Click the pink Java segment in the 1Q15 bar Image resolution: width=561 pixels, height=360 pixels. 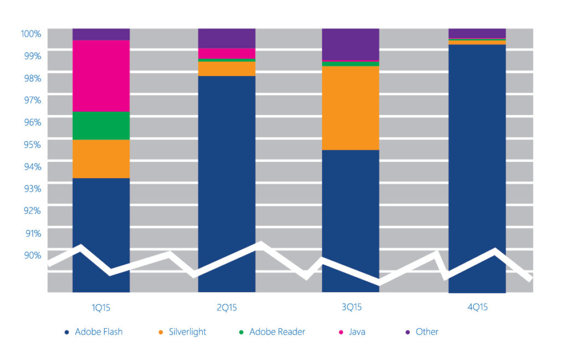101,76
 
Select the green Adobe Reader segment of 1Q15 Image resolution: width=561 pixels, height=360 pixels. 101,125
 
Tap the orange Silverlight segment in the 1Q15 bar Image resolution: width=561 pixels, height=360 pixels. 101,159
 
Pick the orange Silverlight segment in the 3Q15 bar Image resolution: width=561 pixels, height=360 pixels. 350,108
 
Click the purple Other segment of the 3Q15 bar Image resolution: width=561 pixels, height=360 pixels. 350,44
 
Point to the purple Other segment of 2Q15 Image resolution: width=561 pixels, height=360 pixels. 226,38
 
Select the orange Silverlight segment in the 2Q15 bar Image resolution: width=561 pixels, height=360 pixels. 226,68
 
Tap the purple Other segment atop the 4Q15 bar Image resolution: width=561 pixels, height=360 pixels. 477,33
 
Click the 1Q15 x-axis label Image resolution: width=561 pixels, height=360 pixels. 101,308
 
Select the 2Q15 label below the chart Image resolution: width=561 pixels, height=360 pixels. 226,308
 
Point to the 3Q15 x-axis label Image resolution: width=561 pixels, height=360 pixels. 350,308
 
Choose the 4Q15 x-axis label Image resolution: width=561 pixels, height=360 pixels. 477,308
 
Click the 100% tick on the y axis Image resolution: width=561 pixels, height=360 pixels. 31,33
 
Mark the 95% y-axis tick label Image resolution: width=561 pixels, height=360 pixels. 32,144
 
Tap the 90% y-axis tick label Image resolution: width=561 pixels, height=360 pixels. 32,255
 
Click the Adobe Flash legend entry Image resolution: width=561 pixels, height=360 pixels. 93,332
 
